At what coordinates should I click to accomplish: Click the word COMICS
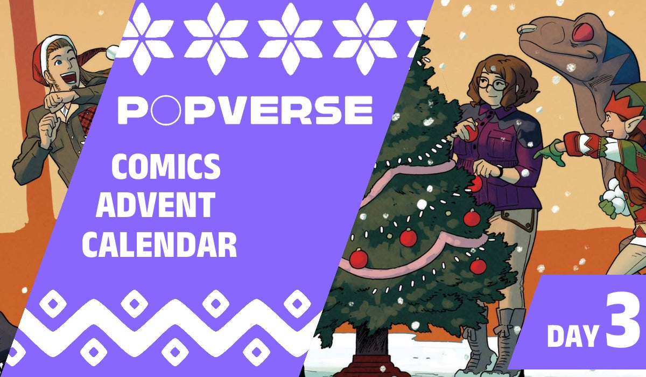[166, 167]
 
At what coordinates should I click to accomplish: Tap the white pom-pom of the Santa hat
[111, 52]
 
